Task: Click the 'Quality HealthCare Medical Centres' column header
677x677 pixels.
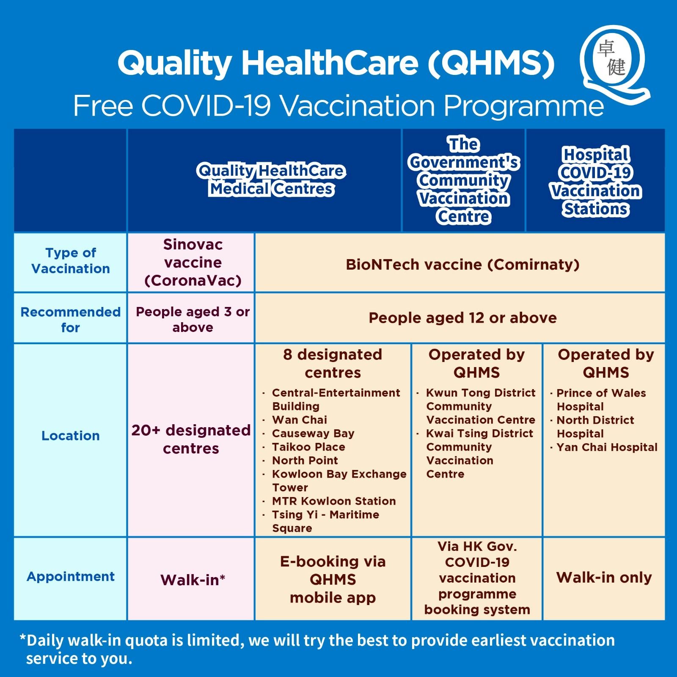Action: pos(271,180)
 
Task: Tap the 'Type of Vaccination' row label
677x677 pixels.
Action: pos(71,261)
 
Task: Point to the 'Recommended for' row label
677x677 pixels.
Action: pos(71,320)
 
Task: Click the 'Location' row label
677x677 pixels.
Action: pos(71,436)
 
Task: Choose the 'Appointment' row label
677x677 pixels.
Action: pos(71,577)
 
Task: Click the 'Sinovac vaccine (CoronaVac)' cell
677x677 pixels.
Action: pos(193,263)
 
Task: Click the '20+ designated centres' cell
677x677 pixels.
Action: pos(191,439)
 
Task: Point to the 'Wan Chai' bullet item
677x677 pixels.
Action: pos(300,420)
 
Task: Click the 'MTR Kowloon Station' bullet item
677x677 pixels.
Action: pos(334,501)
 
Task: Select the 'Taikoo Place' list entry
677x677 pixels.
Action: pos(309,447)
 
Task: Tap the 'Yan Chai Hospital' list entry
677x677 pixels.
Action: pos(607,448)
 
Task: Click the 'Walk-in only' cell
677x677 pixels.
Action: pos(604,578)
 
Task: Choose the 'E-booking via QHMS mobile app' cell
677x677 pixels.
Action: pos(333,580)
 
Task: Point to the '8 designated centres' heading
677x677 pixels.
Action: pos(333,363)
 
